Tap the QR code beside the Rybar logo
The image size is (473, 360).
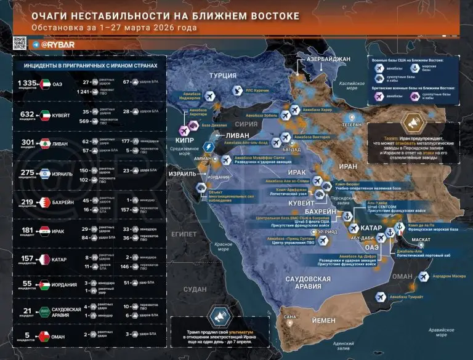pyautogui.click(x=19, y=44)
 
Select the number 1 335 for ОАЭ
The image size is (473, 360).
pyautogui.click(x=28, y=82)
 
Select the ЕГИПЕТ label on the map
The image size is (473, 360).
pyautogui.click(x=185, y=234)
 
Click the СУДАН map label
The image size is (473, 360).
pyautogui.click(x=195, y=289)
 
